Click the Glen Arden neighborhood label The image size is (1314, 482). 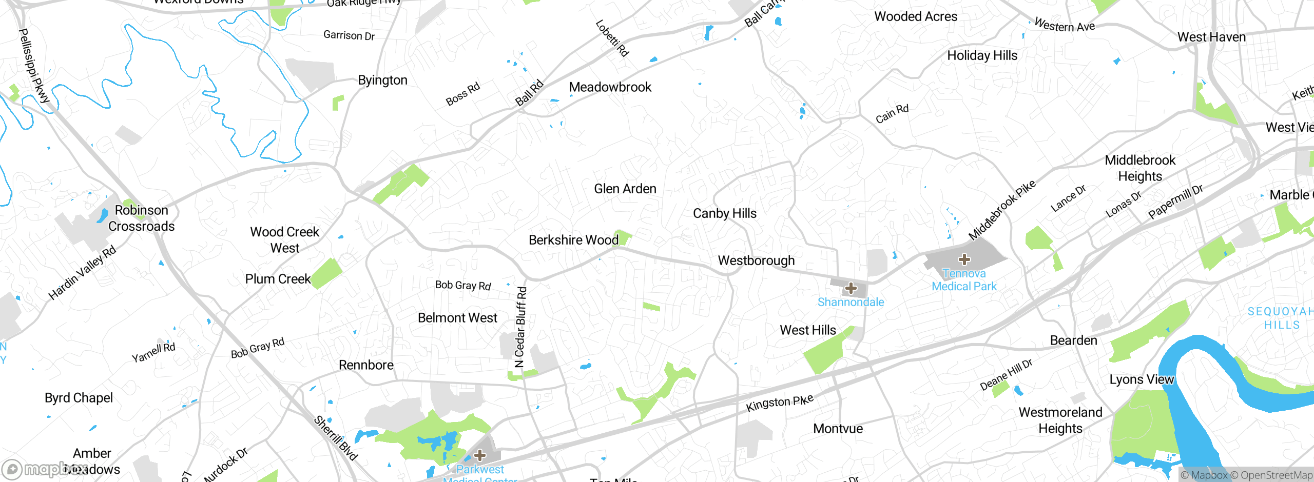tap(625, 189)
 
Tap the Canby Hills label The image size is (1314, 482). tap(724, 213)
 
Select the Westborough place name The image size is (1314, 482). tap(756, 260)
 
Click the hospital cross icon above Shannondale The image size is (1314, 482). tap(851, 288)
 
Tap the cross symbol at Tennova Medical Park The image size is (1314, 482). tap(964, 259)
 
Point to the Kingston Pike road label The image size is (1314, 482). tap(779, 403)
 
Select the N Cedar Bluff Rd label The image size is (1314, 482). tap(520, 327)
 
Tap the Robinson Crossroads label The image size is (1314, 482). tap(141, 218)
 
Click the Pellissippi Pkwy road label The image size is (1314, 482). tap(33, 66)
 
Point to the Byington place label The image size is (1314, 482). tap(382, 80)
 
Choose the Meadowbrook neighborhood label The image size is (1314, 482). tap(610, 87)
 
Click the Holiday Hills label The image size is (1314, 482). tap(982, 55)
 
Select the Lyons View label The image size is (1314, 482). tap(1141, 379)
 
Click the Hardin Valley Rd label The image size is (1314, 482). tap(82, 272)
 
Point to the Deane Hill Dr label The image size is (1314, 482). tap(1006, 375)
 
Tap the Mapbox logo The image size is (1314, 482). tap(36, 469)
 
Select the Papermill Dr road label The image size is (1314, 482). tap(1175, 202)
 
